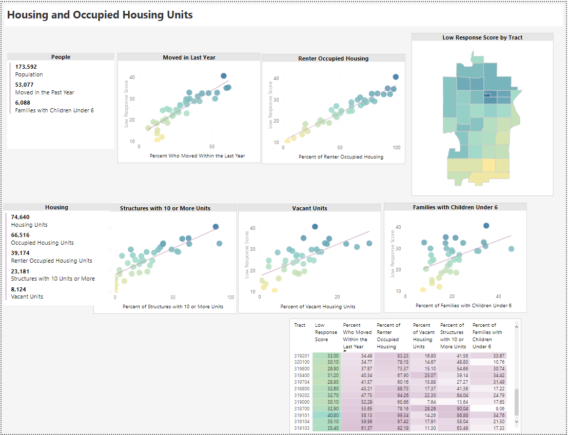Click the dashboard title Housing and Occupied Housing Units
point(100,15)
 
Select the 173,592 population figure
point(26,67)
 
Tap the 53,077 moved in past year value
point(25,85)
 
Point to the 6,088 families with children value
point(23,103)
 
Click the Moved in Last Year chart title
point(189,57)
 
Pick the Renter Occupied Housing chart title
point(333,58)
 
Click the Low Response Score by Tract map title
point(482,37)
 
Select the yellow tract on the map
point(488,165)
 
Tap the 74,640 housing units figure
point(21,217)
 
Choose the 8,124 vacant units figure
point(20,289)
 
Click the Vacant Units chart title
point(309,208)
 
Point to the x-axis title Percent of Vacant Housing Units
point(318,306)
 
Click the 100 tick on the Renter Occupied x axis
point(396,147)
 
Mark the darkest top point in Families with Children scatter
point(486,226)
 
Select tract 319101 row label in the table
point(302,415)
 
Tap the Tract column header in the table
point(300,325)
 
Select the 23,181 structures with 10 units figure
point(21,271)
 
